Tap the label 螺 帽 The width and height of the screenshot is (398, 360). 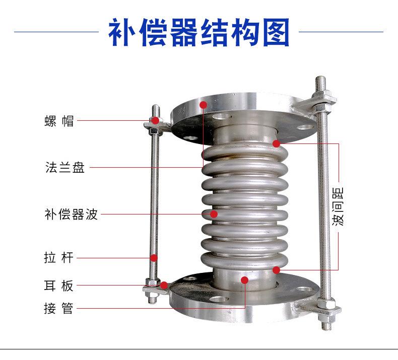pyautogui.click(x=59, y=121)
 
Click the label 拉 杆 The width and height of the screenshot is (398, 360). pyautogui.click(x=59, y=258)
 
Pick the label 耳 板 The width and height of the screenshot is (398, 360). pyautogui.click(x=59, y=286)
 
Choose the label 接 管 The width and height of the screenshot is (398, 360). pyautogui.click(x=59, y=308)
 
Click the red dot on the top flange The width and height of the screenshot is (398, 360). pyautogui.click(x=204, y=105)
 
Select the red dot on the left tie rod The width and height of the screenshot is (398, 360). pyautogui.click(x=155, y=258)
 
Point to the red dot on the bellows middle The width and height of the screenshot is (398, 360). pyautogui.click(x=214, y=214)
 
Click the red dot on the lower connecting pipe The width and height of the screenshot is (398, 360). pyautogui.click(x=244, y=280)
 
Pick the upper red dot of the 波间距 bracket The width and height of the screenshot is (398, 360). pyautogui.click(x=276, y=144)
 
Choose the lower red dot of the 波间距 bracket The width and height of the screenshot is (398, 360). pyautogui.click(x=276, y=270)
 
